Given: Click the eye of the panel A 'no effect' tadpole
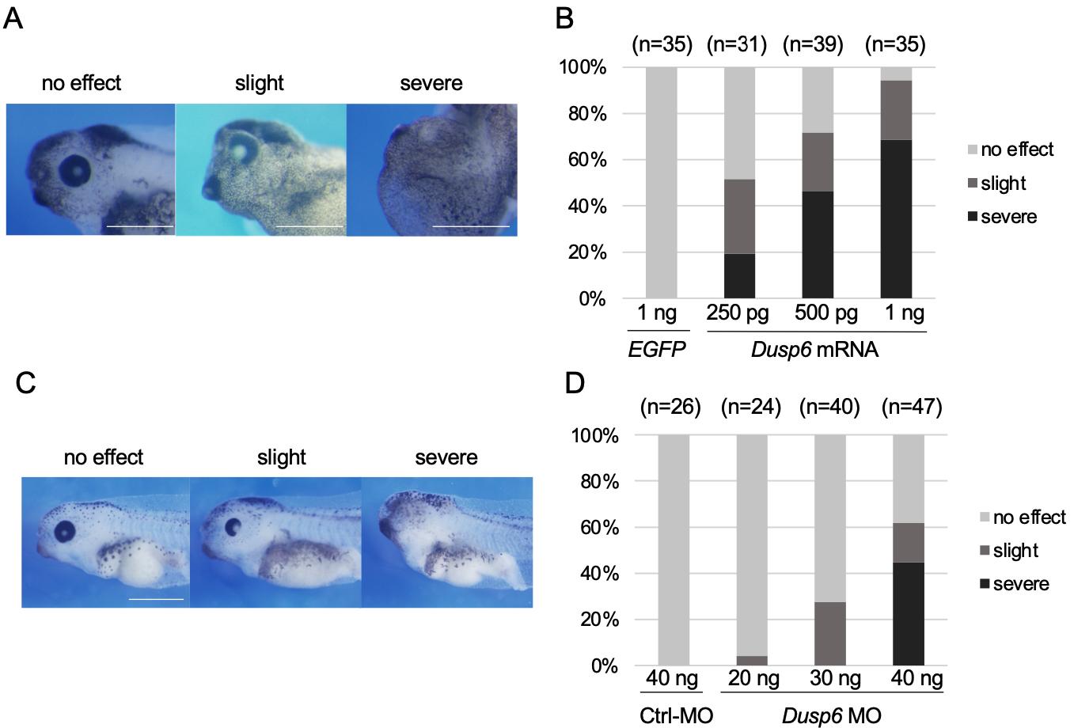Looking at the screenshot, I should [76, 168].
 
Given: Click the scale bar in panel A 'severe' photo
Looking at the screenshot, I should [471, 226].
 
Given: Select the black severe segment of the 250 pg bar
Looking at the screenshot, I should [739, 276].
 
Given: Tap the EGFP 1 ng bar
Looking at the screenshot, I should [662, 183].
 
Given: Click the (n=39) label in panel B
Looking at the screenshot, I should [817, 46].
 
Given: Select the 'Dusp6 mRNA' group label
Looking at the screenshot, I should [816, 348].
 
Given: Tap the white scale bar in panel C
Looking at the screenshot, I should [156, 599].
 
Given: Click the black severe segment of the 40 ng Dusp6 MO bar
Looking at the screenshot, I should [909, 613].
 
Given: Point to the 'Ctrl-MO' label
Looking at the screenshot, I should [676, 715].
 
